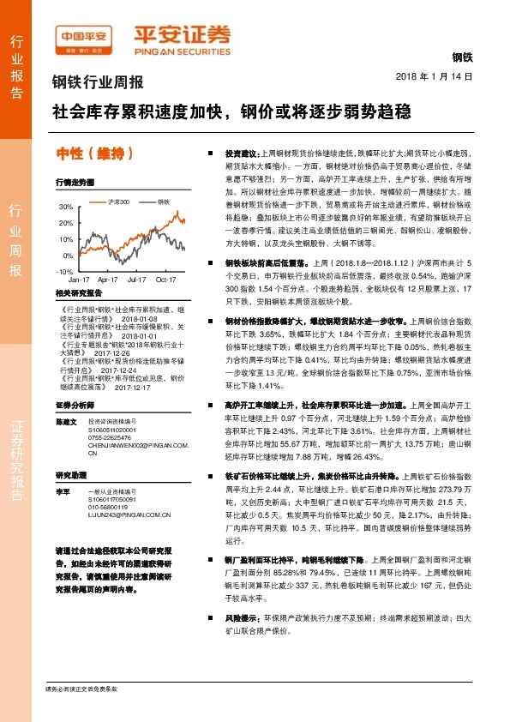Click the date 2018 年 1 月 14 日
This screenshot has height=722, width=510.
point(434,77)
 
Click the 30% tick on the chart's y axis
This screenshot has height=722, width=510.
point(66,208)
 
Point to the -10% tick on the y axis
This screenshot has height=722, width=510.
point(65,271)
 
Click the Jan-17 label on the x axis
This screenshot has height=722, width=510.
point(79,280)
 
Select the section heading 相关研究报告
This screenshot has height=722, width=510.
point(78,292)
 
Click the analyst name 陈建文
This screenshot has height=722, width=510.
point(67,422)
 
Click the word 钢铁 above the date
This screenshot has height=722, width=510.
point(461,57)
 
